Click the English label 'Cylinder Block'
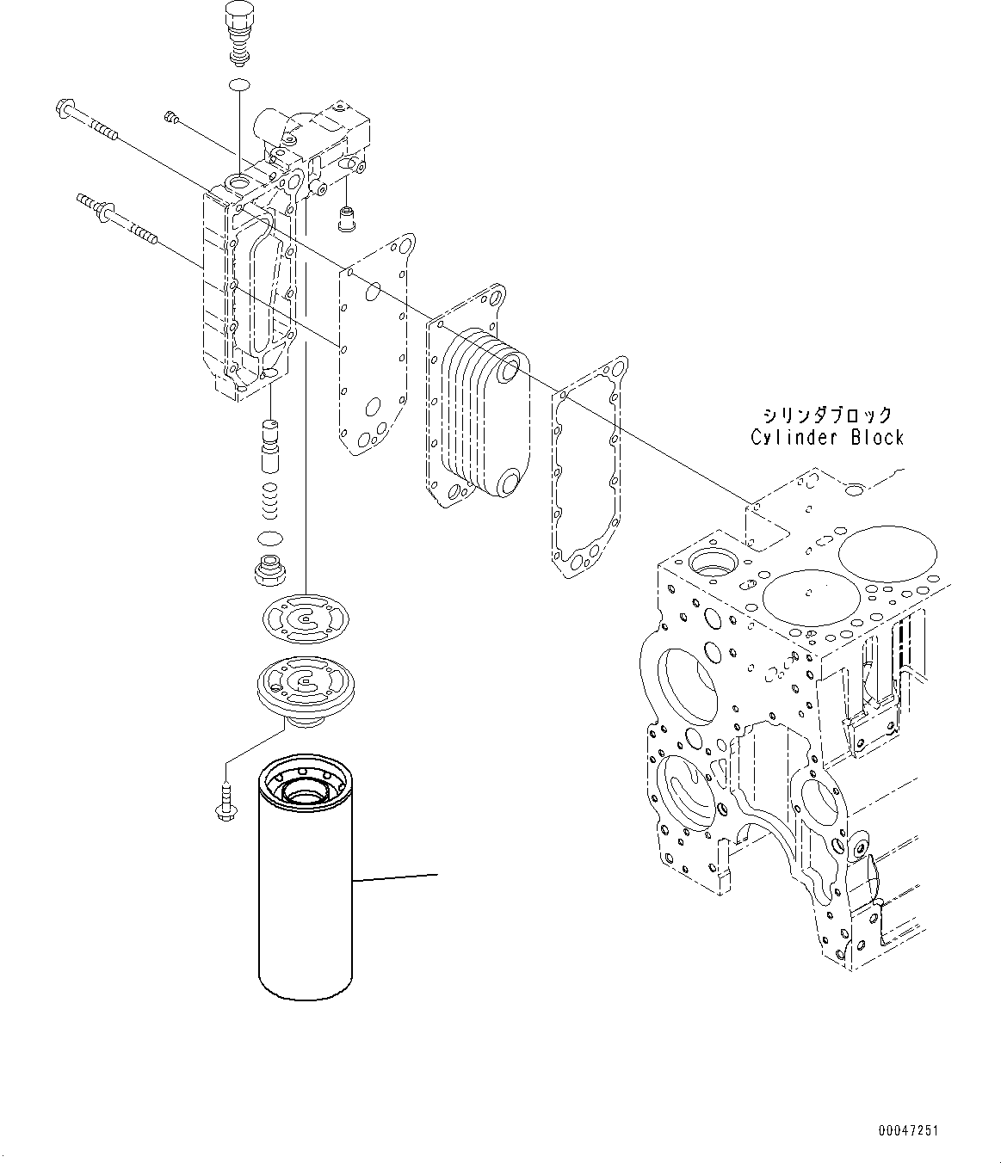[x=826, y=437]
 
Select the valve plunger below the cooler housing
[x=270, y=444]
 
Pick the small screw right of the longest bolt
[x=171, y=119]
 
